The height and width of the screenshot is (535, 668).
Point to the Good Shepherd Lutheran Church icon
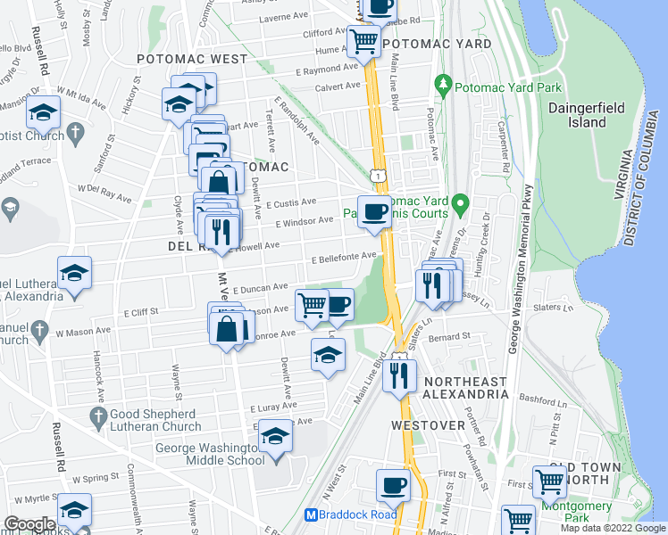point(99,416)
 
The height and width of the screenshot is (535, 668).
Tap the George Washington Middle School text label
point(211,454)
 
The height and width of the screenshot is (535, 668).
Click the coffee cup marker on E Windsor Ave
point(373,210)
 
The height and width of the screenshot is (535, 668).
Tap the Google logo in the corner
point(29,523)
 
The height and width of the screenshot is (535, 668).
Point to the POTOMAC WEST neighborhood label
point(192,59)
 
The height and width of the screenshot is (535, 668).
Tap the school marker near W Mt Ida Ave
point(42,113)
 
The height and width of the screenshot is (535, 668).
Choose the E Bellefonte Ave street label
point(342,259)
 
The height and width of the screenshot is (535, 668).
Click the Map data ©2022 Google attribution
point(613,528)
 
